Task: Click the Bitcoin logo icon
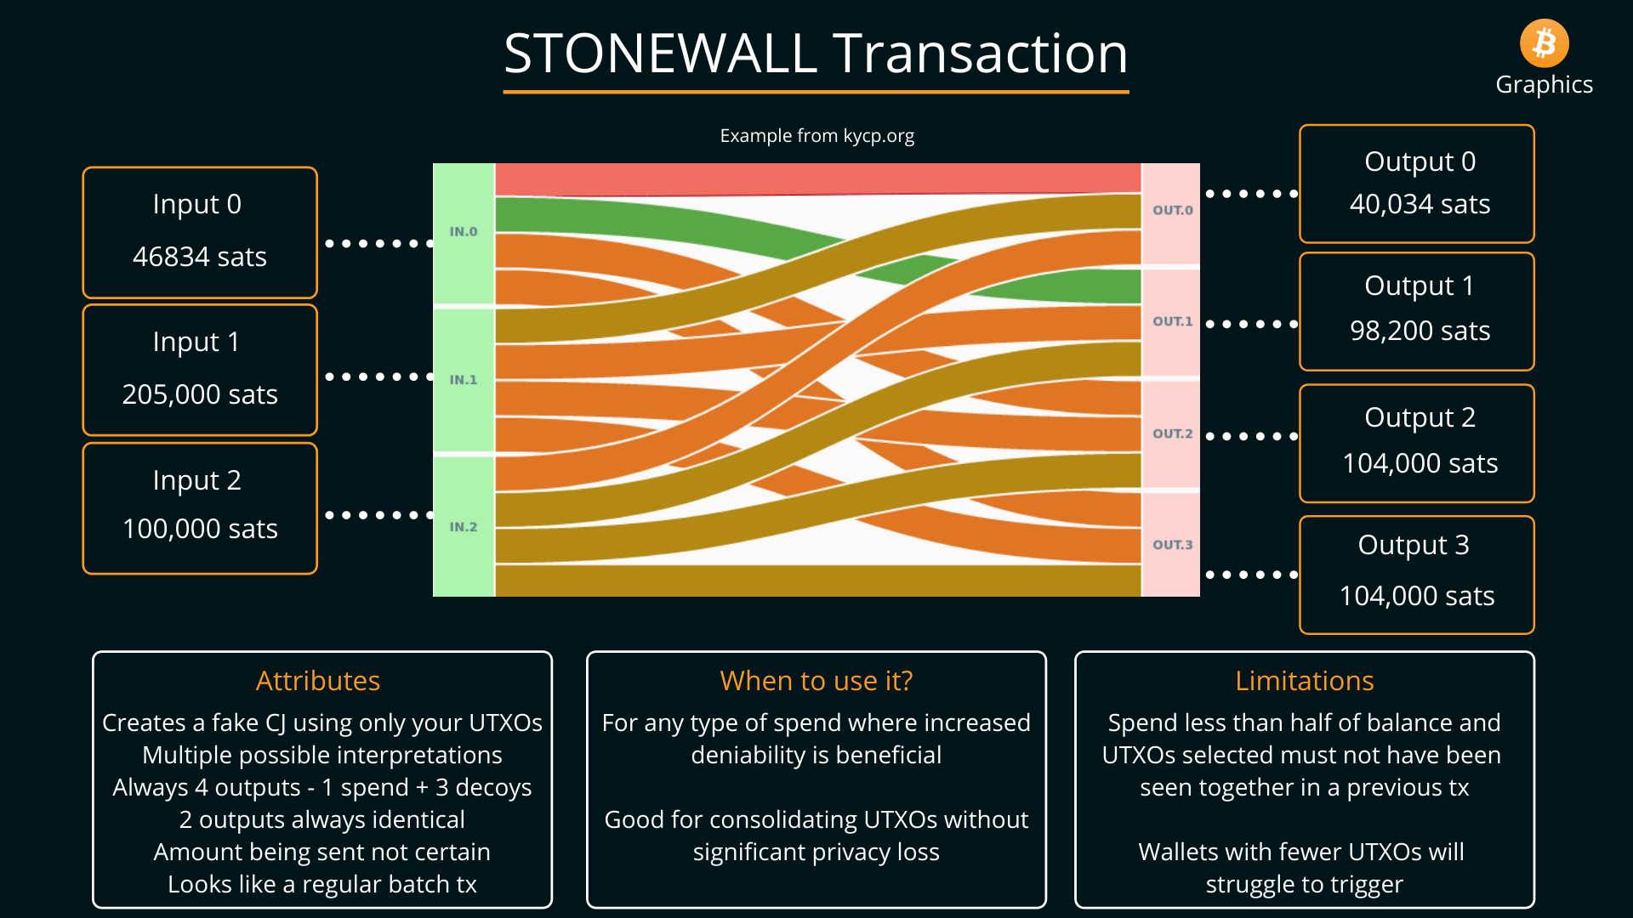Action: (x=1544, y=43)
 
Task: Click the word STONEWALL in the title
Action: (x=660, y=54)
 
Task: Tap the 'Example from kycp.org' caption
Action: (x=816, y=136)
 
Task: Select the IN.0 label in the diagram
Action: (x=464, y=231)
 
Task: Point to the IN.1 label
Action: (x=464, y=380)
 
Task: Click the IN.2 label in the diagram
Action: (x=464, y=527)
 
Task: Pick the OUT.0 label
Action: (x=1172, y=210)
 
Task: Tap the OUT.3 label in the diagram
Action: (x=1172, y=545)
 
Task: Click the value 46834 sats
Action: (x=200, y=257)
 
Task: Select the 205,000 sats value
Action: (x=200, y=394)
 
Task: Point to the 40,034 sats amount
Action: (x=1420, y=204)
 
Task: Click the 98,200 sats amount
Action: (x=1420, y=331)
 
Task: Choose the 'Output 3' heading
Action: (x=1413, y=545)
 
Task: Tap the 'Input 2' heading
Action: (x=197, y=480)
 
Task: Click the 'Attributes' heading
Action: (x=318, y=681)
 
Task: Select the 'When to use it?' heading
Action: (x=816, y=681)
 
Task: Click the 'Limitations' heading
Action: (x=1304, y=681)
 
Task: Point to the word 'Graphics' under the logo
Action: (x=1544, y=84)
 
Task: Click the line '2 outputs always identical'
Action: (x=321, y=819)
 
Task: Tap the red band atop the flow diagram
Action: (x=816, y=178)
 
